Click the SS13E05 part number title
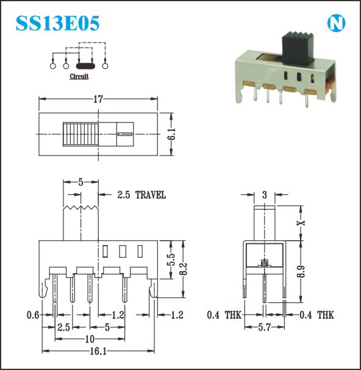(57, 23)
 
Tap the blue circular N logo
(336, 23)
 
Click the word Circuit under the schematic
(79, 76)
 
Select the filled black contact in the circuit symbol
(85, 66)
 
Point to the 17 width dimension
(98, 99)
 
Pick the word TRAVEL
(151, 195)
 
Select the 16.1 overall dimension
(98, 352)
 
